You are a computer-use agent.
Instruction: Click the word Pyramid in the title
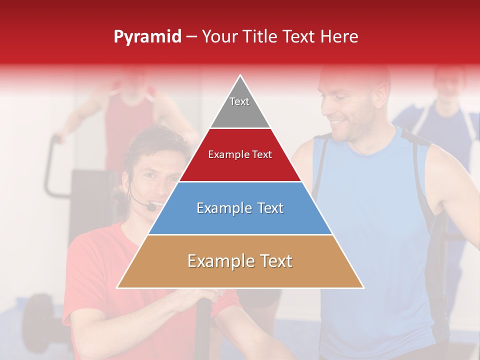coord(147,37)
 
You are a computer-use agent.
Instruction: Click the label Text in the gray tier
coord(239,101)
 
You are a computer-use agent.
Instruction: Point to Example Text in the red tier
coord(240,154)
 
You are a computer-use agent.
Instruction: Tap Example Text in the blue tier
coord(240,208)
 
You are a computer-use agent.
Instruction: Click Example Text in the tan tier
coord(240,261)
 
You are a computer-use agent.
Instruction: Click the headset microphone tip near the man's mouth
coord(151,206)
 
